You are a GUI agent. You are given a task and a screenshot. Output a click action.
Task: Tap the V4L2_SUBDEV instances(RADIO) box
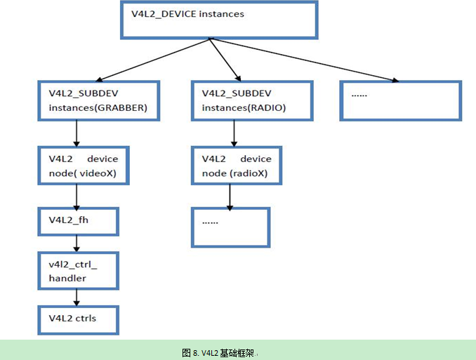coord(251,100)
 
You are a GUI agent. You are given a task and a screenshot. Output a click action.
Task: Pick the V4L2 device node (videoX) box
coord(84,166)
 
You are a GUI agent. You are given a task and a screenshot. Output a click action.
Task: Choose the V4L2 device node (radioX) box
coord(237,166)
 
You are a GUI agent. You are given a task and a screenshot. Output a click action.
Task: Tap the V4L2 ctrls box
coord(78,319)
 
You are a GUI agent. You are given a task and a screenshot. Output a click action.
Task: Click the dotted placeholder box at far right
coord(400,100)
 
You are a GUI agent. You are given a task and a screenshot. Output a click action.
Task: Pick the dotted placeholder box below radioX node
coord(231,227)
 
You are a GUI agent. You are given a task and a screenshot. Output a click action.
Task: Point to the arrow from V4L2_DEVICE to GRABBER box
coord(154,60)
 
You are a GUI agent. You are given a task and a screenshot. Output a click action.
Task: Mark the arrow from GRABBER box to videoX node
coord(75,133)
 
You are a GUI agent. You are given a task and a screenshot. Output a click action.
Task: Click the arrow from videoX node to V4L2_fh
coord(75,196)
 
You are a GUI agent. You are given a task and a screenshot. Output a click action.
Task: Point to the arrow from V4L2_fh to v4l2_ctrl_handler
coord(75,244)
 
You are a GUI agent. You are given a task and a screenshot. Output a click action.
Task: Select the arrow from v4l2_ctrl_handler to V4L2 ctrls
coord(75,298)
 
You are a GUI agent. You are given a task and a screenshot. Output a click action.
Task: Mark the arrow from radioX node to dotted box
coord(230,196)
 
